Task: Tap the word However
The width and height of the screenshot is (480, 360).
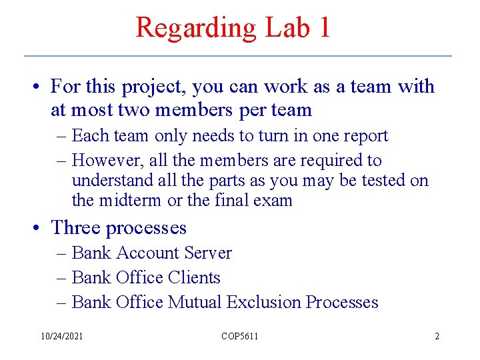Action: (103, 161)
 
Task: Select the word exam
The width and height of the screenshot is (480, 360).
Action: (275, 200)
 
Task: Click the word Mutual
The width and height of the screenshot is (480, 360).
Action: (195, 303)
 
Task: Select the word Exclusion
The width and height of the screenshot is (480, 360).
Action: (264, 303)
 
